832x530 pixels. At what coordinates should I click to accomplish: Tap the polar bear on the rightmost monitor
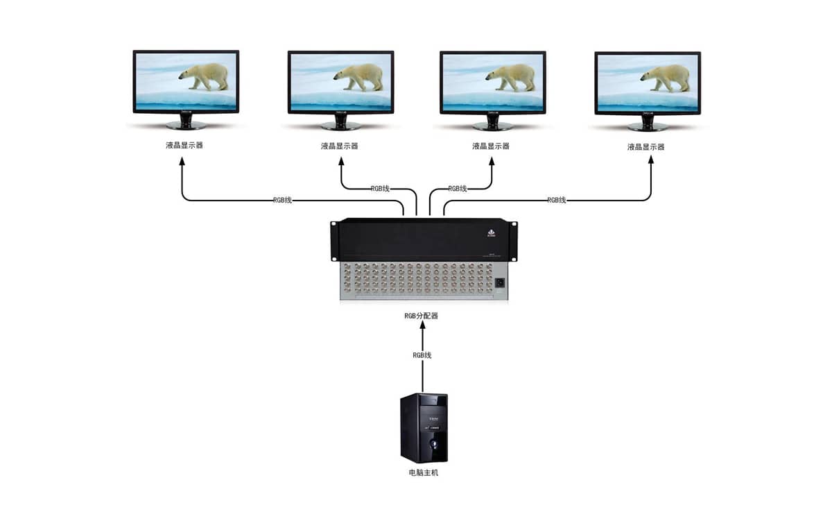pyautogui.click(x=667, y=77)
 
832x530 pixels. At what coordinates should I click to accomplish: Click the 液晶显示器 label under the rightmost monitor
pyautogui.click(x=645, y=147)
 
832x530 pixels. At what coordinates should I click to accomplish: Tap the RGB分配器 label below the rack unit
pyautogui.click(x=422, y=316)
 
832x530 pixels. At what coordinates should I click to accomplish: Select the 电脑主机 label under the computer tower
pyautogui.click(x=424, y=473)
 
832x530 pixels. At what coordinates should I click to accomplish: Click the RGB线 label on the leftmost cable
pyautogui.click(x=282, y=200)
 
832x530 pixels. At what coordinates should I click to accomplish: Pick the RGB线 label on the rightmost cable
pyautogui.click(x=557, y=200)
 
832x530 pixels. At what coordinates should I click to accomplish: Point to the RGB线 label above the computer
pyautogui.click(x=422, y=355)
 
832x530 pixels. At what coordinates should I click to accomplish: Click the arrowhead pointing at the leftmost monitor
pyautogui.click(x=182, y=161)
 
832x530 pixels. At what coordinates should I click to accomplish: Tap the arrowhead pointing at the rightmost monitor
pyautogui.click(x=651, y=161)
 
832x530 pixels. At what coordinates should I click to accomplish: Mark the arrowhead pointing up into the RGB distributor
pyautogui.click(x=422, y=326)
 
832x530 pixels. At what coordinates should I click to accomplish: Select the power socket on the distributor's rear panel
pyautogui.click(x=499, y=282)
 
